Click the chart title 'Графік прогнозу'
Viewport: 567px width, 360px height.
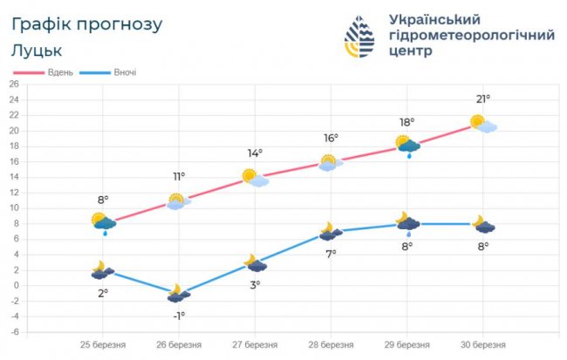(87, 24)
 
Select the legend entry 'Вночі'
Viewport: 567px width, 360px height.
(124, 71)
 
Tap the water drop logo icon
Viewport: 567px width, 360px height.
(362, 37)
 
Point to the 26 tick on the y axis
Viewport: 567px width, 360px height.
(13, 84)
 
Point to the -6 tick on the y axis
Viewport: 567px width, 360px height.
(13, 332)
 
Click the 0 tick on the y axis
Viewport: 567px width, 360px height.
(15, 285)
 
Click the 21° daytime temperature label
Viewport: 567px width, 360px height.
(482, 98)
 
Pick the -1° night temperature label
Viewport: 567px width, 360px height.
(178, 316)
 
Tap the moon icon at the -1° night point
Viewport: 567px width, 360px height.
(179, 293)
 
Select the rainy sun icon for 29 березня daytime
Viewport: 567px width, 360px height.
(406, 146)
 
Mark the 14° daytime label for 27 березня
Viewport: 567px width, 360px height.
(255, 153)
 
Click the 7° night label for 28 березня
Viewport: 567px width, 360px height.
(331, 254)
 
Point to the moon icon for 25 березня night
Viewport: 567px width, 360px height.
(103, 270)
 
